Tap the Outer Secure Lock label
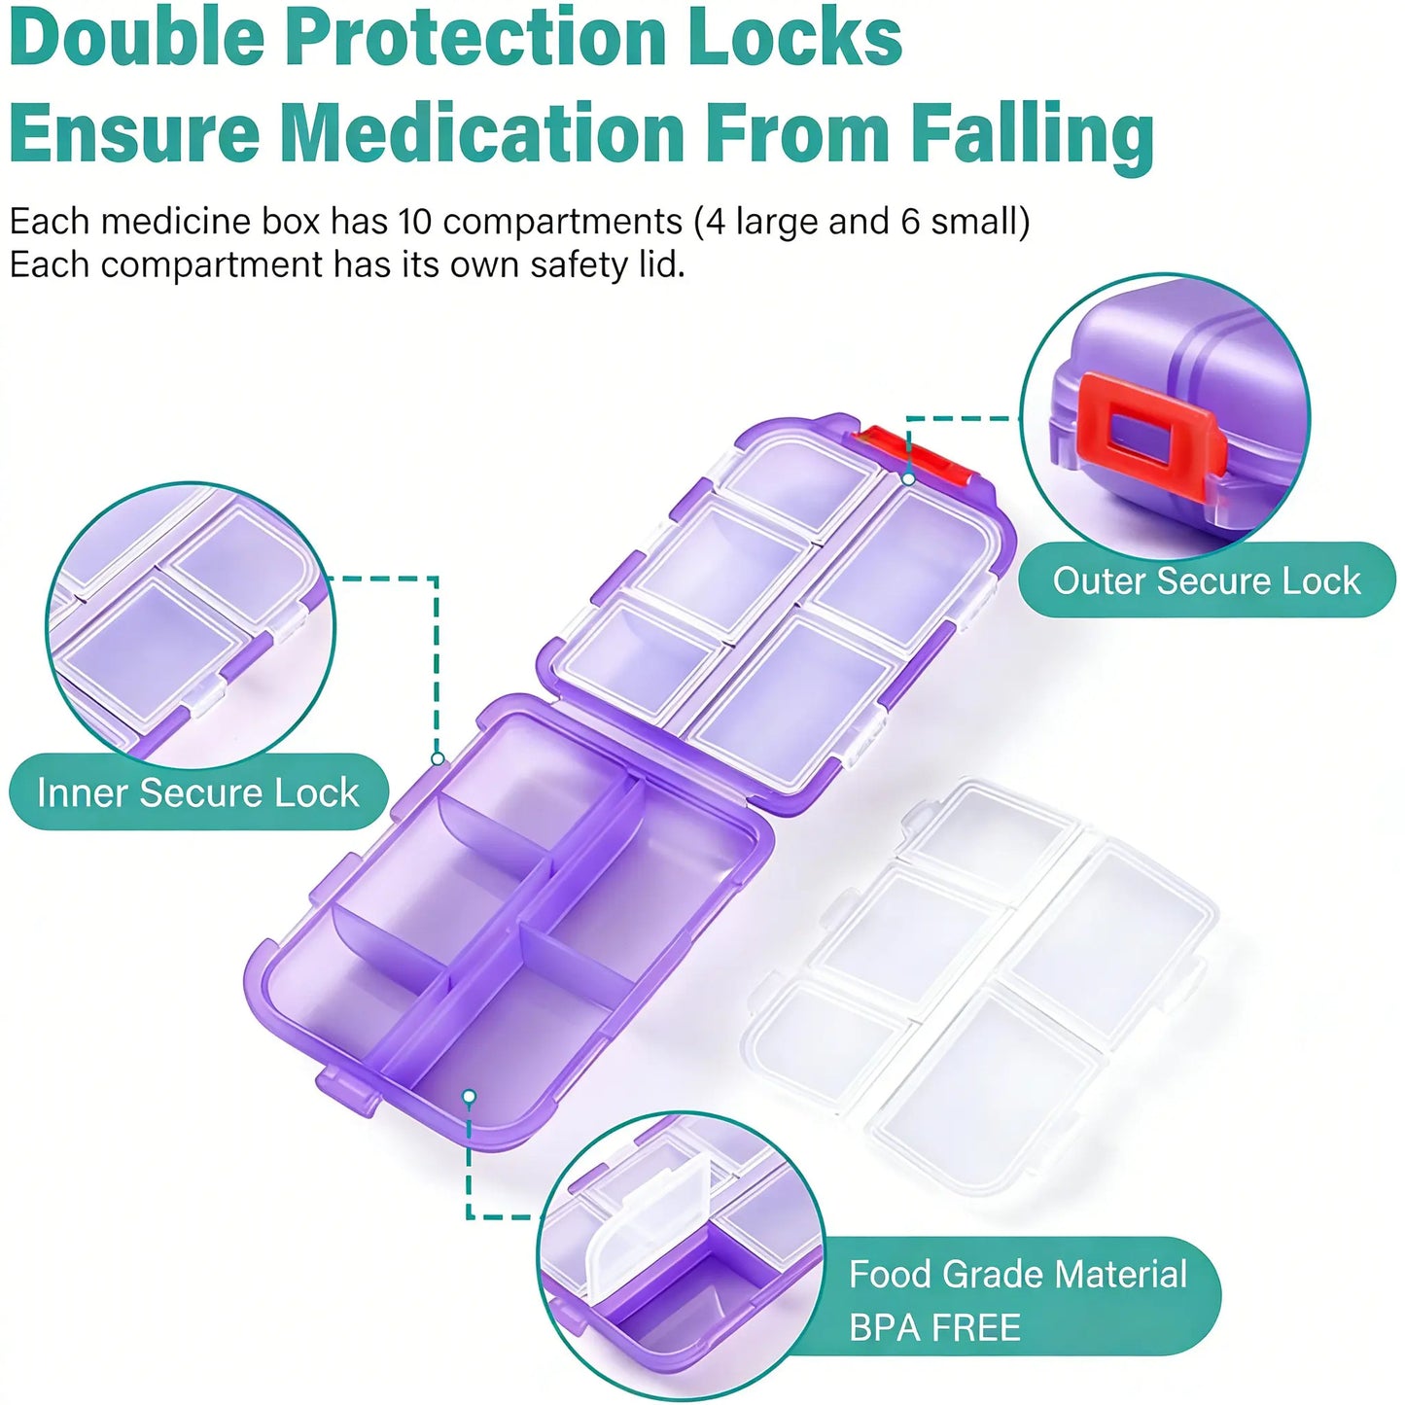click(1207, 581)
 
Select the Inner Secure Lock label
click(198, 792)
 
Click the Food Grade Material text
click(1019, 1275)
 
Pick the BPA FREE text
click(934, 1328)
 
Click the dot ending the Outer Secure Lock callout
click(909, 479)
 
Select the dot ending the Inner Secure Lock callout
click(438, 759)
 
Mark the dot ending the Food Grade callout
click(470, 1117)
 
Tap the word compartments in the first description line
click(562, 223)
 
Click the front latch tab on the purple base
click(349, 1094)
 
